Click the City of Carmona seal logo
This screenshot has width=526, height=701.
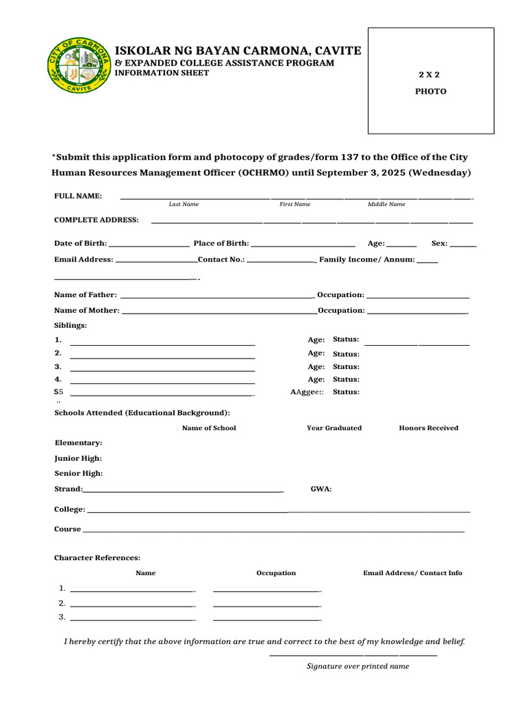pyautogui.click(x=79, y=65)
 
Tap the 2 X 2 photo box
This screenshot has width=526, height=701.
pyautogui.click(x=431, y=81)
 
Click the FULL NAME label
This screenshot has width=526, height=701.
pyautogui.click(x=78, y=196)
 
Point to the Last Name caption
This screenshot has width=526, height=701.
pyautogui.click(x=184, y=204)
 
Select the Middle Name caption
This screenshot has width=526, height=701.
pyautogui.click(x=386, y=204)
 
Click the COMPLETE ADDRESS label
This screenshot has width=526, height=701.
pyautogui.click(x=97, y=220)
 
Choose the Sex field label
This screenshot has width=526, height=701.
pyautogui.click(x=439, y=243)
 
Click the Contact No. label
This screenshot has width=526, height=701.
pyautogui.click(x=221, y=259)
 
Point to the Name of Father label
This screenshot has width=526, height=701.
pyautogui.click(x=86, y=295)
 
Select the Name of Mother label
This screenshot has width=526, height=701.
pyautogui.click(x=87, y=310)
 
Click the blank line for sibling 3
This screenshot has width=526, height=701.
pyautogui.click(x=162, y=370)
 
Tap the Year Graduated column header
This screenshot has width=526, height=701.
pyautogui.click(x=334, y=428)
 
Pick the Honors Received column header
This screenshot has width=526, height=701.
pyautogui.click(x=429, y=428)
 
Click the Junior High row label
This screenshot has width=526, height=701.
pyautogui.click(x=79, y=458)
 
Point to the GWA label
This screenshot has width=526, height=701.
pyautogui.click(x=321, y=489)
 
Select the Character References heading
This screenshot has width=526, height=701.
pyautogui.click(x=97, y=558)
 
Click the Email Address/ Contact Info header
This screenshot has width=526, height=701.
pyautogui.click(x=412, y=573)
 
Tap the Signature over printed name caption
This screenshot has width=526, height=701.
pyautogui.click(x=358, y=666)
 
